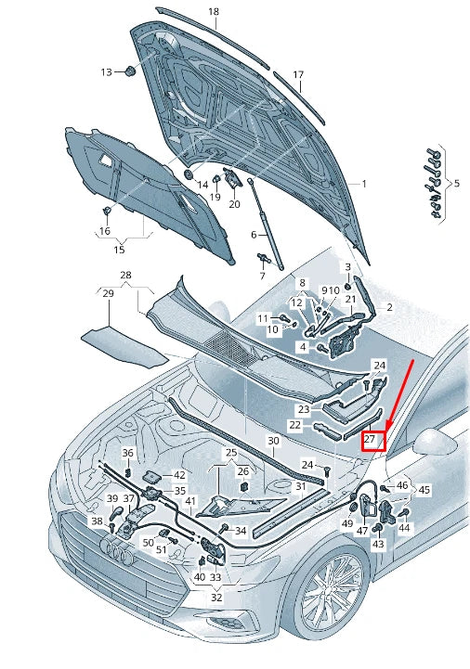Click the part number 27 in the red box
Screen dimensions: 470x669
tap(370, 439)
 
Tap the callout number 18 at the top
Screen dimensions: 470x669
tap(214, 11)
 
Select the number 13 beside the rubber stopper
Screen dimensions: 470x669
tap(107, 72)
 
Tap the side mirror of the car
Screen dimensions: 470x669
tap(433, 442)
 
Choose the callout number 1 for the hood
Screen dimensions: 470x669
tap(364, 184)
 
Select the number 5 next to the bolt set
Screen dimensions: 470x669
tap(457, 184)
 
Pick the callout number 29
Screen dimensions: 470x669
tap(109, 293)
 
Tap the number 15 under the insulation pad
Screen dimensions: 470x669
tap(119, 250)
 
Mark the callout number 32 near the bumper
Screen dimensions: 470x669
tap(216, 597)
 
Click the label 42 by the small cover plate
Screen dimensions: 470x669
tap(179, 475)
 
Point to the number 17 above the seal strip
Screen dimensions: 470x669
tap(298, 74)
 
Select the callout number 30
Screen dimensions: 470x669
tap(273, 441)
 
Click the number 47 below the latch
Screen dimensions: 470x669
tap(362, 531)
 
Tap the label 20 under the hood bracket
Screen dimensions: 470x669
tap(235, 204)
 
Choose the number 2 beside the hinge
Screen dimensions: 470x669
tap(390, 307)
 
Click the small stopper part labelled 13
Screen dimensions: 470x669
tap(129, 71)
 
